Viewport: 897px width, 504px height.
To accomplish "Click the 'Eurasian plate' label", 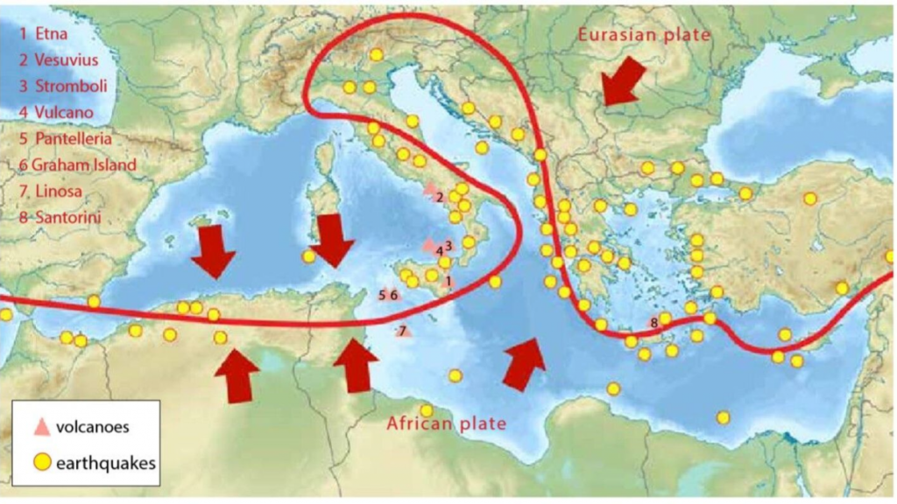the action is click(643, 34).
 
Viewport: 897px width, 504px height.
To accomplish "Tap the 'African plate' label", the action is click(447, 424).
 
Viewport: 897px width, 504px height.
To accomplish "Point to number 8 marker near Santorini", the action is click(653, 323).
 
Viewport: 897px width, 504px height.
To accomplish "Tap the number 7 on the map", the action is click(403, 331).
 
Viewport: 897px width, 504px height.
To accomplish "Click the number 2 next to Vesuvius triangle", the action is click(439, 197).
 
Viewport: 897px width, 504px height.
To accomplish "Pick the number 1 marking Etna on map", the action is click(448, 281).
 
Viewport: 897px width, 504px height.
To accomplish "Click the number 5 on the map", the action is click(382, 295).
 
